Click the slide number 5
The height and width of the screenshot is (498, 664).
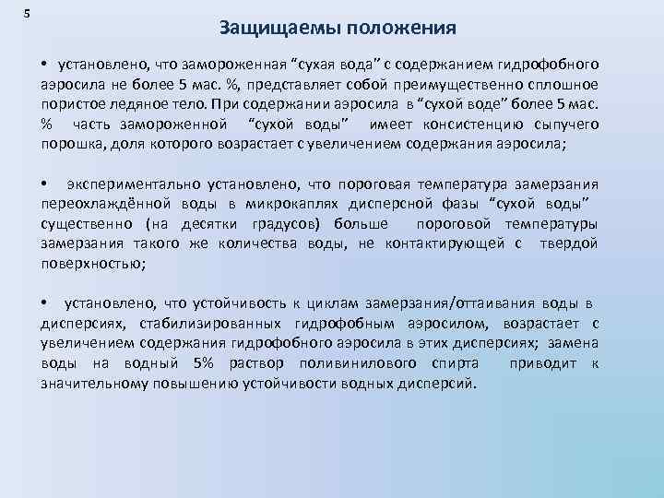click(x=26, y=12)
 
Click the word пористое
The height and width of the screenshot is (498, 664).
click(x=68, y=104)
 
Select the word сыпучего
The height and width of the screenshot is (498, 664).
click(x=565, y=124)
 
